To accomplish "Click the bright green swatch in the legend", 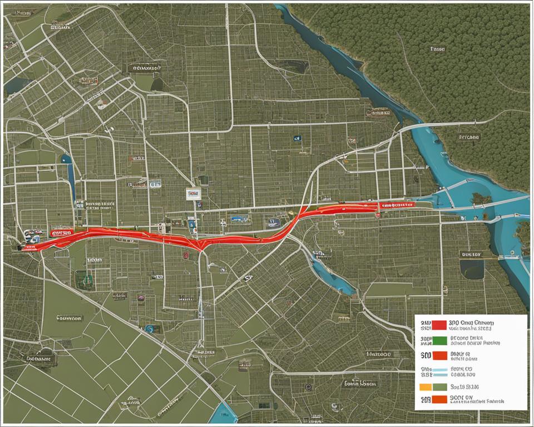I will pos(439,339).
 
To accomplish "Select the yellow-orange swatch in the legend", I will pos(426,386).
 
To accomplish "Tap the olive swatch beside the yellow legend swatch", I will pos(439,386).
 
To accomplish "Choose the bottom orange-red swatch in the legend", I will pos(439,399).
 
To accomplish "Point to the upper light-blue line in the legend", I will pos(439,369).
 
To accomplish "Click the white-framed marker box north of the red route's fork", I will pos(193,193).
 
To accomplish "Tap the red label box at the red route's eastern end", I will pos(396,205).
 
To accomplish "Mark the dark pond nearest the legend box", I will pos(472,269).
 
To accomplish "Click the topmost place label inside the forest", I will pos(438,49).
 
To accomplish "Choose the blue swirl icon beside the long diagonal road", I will pos(149,329).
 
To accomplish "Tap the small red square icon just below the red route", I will pos(185,256).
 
